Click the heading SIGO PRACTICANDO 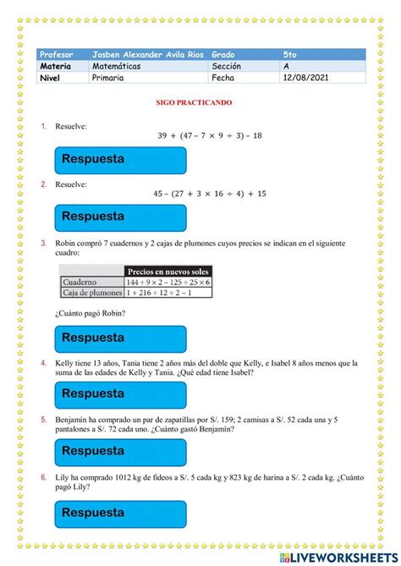(200, 102)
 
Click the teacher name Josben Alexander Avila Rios (148, 54)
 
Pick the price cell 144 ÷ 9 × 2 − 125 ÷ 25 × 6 (168, 282)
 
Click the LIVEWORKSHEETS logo (338, 558)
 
